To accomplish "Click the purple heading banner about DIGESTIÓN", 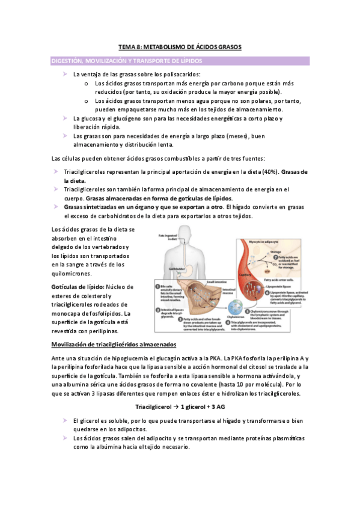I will [x=180, y=61].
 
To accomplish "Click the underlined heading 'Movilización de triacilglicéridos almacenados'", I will [x=114, y=345].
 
